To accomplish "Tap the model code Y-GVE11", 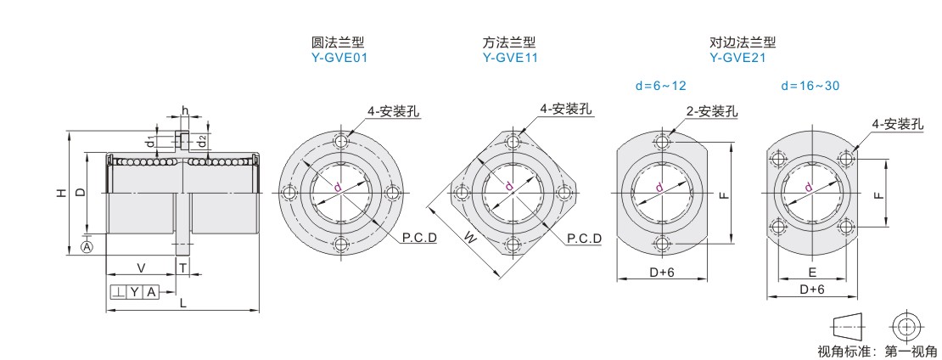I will pos(509,59).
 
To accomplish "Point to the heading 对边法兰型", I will pos(743,42).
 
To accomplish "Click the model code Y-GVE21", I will pos(737,59).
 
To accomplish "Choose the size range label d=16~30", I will pos(811,86).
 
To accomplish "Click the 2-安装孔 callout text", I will pos(711,111).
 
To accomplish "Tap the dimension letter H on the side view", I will pos(60,194).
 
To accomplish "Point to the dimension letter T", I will pos(182,267).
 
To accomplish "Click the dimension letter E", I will pos(812,273).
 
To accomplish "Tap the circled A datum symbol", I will pos(86,247).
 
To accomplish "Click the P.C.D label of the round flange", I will pos(419,239).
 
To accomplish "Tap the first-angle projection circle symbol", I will pos(906,326).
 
